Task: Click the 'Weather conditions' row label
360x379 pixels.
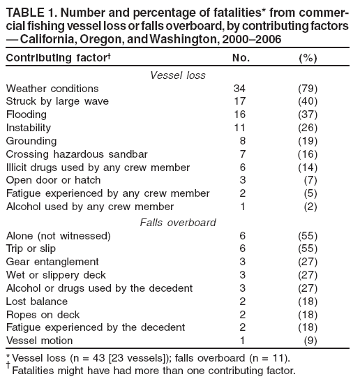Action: click(52, 89)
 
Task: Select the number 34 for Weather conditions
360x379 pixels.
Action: click(239, 89)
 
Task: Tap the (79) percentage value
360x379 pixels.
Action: click(307, 89)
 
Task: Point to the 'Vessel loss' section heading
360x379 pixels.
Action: click(177, 75)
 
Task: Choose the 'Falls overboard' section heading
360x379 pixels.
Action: click(177, 222)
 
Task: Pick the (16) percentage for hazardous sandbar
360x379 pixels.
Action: click(307, 154)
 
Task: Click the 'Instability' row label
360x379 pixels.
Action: click(28, 128)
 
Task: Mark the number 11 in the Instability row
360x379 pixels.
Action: click(239, 128)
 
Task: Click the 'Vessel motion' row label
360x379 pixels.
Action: click(38, 341)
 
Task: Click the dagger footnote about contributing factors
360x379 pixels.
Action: click(151, 370)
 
